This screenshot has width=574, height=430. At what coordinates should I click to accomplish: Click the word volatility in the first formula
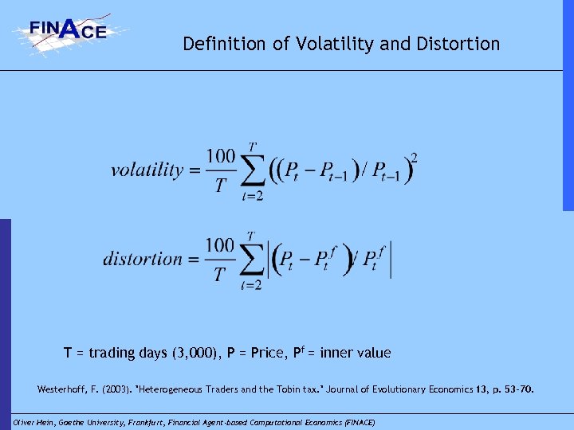click(147, 170)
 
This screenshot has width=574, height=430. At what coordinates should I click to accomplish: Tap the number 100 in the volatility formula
click(221, 156)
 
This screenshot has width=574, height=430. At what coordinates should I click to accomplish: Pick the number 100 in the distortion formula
click(221, 244)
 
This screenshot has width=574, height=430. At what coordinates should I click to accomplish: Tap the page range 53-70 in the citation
click(515, 390)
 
